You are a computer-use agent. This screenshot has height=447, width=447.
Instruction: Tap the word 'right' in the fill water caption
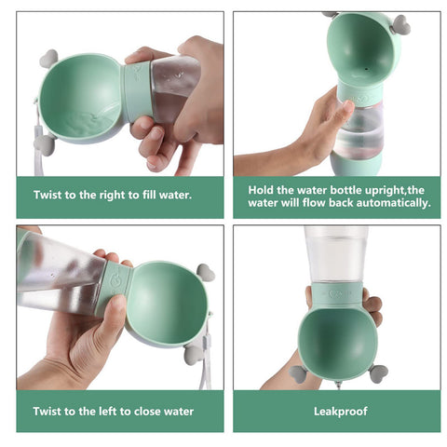coord(121,196)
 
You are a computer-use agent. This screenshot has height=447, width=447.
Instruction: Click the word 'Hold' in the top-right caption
coord(262,189)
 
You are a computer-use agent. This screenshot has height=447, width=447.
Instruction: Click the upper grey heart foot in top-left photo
coord(48,59)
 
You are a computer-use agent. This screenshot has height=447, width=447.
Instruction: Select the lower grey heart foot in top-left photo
coord(43,143)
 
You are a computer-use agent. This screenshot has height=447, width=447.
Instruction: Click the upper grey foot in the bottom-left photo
coord(205,273)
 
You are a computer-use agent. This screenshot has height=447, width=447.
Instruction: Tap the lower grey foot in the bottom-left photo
coord(194,353)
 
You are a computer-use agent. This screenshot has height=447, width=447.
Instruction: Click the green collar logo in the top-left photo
coord(139,72)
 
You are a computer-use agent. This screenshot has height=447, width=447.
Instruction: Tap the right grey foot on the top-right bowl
coord(401,25)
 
